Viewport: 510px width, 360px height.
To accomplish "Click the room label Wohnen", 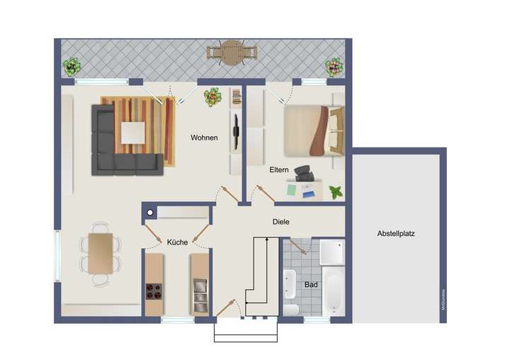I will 204,137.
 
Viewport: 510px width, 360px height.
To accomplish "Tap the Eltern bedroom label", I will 278,171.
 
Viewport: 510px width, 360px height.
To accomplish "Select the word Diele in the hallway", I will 281,222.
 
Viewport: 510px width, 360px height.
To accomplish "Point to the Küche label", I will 177,242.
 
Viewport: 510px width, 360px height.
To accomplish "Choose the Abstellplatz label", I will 397,232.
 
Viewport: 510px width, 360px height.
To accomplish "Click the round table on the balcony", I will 231,52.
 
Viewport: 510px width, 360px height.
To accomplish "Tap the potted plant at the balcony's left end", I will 71,67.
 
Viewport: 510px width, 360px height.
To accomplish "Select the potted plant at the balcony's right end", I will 333,67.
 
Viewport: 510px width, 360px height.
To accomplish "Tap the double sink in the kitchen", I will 199,290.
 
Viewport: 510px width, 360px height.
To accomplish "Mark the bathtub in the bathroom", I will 331,291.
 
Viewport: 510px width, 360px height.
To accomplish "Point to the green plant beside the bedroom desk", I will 336,192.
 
